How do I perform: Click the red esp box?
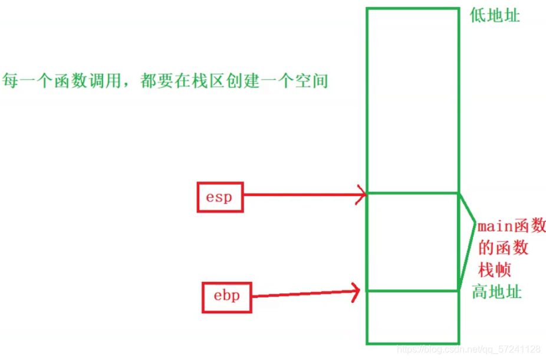point(219,197)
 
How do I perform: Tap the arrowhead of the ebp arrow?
point(356,290)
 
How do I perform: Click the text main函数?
point(511,226)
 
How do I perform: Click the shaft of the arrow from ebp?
point(301,293)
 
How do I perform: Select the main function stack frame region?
point(412,242)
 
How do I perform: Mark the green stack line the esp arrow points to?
point(412,193)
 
